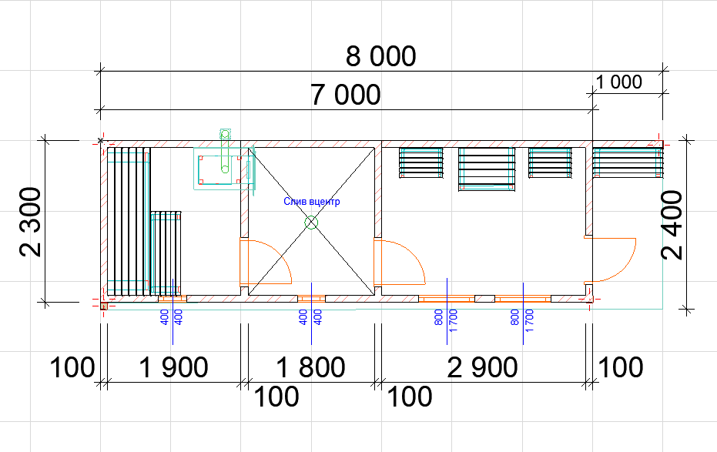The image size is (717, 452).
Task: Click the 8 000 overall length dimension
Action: click(x=381, y=56)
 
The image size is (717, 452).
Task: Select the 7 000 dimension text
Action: click(x=346, y=95)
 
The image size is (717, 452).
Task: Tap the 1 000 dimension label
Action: click(x=619, y=82)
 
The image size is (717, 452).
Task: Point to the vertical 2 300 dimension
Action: click(x=31, y=222)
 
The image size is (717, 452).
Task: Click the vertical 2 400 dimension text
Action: click(x=672, y=225)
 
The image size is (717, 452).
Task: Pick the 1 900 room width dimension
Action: click(x=173, y=367)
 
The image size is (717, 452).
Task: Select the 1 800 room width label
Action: click(x=311, y=367)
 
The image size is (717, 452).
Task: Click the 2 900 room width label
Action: click(x=482, y=367)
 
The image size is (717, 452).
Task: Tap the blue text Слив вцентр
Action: click(x=312, y=202)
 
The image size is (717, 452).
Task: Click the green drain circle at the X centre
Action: click(x=311, y=223)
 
